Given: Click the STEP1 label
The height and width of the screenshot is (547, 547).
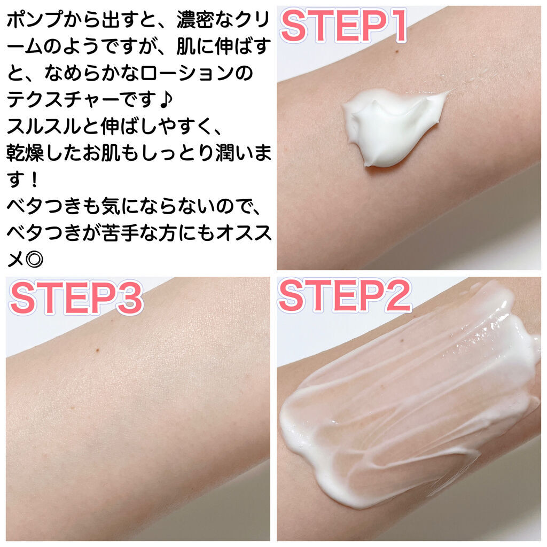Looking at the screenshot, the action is point(343,26).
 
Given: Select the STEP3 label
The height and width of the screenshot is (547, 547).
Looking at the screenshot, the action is point(76,298).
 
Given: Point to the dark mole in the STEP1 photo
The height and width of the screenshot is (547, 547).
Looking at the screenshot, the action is point(397,52).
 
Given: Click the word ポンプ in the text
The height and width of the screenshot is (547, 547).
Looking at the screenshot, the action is point(35,20).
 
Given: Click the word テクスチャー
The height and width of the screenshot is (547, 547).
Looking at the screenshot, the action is point(63,99).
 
